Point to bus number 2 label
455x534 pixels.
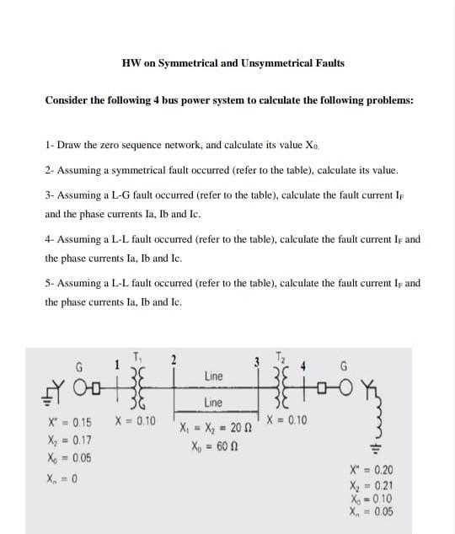(x=174, y=360)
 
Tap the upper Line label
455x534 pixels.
(x=213, y=375)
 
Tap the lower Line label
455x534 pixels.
(x=213, y=403)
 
